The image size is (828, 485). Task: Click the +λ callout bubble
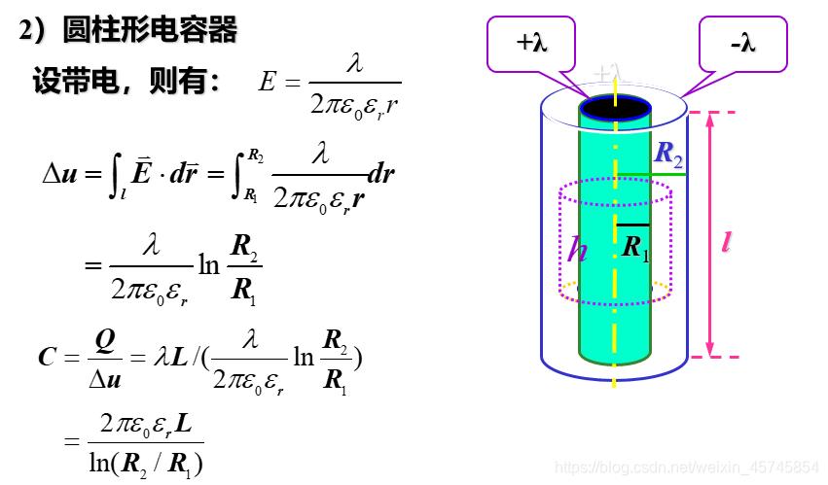point(530,43)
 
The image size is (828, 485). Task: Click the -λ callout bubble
point(742,43)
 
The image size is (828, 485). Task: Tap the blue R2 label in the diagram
point(668,153)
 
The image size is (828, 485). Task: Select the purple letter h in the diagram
point(578,250)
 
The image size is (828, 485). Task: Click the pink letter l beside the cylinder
point(726,242)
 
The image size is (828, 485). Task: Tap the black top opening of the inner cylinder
point(615,107)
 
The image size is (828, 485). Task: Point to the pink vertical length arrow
point(709,233)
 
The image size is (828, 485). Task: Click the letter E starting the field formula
point(267,83)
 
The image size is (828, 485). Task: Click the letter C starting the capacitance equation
point(47,357)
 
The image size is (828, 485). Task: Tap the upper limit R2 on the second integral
point(255,154)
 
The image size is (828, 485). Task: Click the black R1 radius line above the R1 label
point(633,225)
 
